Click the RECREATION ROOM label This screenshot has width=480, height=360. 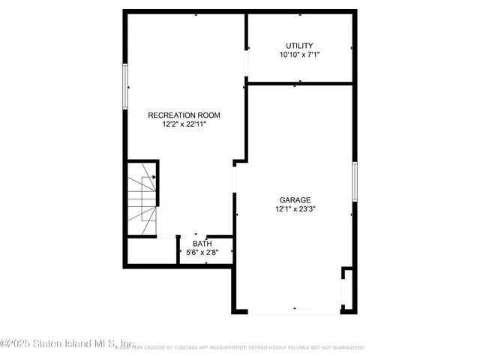point(184,115)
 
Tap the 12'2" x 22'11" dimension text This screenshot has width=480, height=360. point(184,124)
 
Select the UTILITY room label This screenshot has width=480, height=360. point(299,46)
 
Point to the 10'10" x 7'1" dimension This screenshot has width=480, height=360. point(299,55)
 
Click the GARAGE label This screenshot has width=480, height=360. point(295,200)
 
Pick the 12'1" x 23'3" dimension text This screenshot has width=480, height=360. point(295,210)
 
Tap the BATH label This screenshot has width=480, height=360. point(202,244)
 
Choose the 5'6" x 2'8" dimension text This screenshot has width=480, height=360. point(202,253)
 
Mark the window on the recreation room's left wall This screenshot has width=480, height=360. point(126,86)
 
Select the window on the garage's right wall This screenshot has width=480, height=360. point(355,182)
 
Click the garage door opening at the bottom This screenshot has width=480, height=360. point(294,310)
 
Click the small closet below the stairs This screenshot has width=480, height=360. point(151,250)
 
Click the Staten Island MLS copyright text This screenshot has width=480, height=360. point(67,344)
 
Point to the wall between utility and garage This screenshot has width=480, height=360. point(300,83)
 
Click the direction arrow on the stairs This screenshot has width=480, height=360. point(154,177)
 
